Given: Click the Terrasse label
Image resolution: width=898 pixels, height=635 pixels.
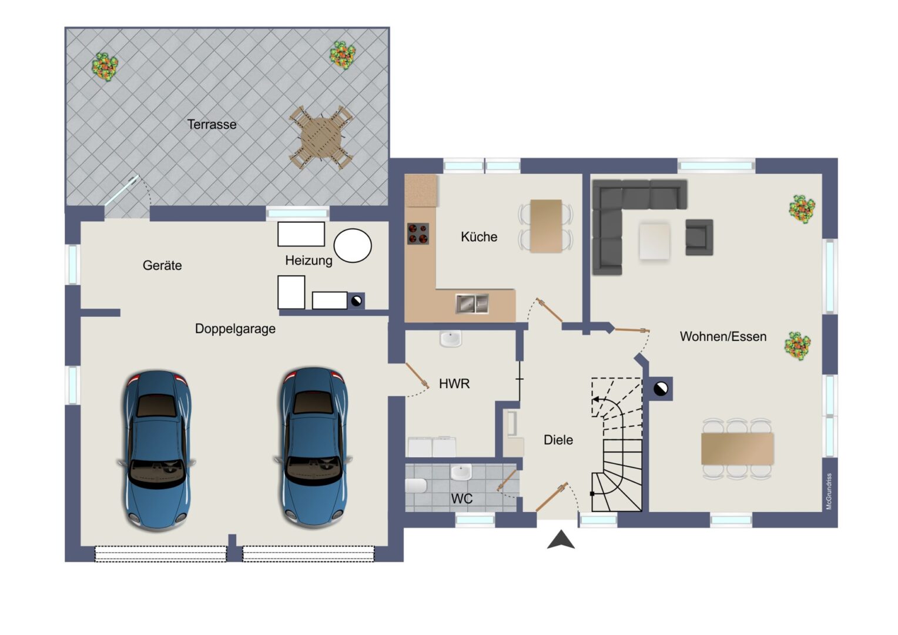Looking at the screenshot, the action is point(212,124).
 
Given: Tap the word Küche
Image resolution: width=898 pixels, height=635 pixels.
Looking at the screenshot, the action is point(479,237).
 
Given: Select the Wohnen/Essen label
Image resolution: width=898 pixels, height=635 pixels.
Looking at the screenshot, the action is point(723,336).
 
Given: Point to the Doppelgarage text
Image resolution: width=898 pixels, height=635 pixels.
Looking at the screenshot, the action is point(235,329).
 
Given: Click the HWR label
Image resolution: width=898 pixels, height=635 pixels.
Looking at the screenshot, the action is point(454,383).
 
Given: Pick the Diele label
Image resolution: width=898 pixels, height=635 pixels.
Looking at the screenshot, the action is point(558,440).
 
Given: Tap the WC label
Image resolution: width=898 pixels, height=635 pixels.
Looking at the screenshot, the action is point(462,499).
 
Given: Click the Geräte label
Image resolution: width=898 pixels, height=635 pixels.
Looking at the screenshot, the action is point(162,265).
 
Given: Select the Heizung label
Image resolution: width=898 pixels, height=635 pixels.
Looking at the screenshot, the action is point(309,260).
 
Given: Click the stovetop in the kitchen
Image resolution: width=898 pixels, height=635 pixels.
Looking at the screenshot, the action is point(418,234).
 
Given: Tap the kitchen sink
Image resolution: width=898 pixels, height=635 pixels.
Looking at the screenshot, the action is point(473,303).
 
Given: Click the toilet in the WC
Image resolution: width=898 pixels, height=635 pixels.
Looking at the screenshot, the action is point(416,486).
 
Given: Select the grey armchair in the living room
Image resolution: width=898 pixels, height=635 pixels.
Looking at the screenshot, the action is point(699,237).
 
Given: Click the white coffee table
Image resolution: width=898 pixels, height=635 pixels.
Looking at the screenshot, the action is point(654,242).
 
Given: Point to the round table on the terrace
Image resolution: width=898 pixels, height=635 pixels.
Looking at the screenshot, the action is point(321,138).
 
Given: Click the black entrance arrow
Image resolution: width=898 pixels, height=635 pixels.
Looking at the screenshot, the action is point(561,540).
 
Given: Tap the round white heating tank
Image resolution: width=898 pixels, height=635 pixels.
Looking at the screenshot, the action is point(353,246).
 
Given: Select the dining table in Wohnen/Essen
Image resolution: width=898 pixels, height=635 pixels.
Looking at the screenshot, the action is point(737,449).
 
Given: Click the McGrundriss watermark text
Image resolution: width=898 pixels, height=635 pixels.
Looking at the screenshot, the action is point(829,492).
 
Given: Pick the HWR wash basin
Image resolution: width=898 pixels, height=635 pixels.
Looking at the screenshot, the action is point(451,339).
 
